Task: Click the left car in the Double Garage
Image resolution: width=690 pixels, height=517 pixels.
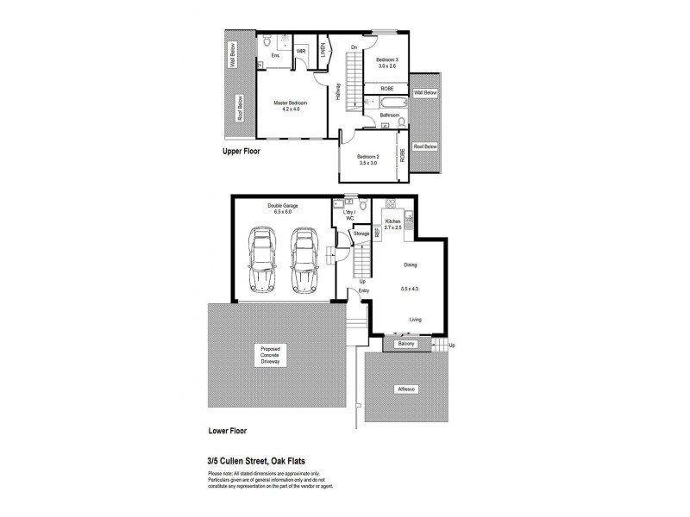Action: [260, 260]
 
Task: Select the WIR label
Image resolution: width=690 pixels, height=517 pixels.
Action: [301, 53]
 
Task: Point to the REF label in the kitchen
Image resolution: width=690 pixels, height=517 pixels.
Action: [377, 232]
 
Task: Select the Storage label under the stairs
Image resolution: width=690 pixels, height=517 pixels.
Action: [361, 233]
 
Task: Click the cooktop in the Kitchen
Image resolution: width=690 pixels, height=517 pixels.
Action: [390, 204]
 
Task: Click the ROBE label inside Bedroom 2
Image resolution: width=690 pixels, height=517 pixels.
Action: [402, 155]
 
